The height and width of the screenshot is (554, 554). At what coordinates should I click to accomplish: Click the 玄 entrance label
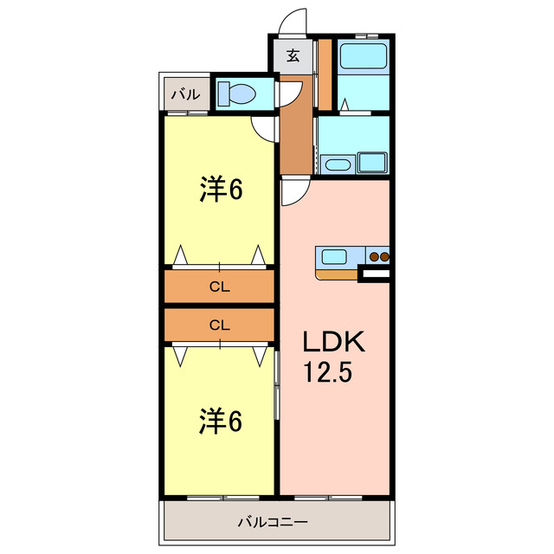[293, 56]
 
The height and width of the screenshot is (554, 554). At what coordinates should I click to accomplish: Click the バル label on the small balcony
[184, 93]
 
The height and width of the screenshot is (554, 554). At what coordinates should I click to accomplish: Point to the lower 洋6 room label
[221, 422]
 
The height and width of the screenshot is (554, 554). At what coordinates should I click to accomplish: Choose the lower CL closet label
[220, 325]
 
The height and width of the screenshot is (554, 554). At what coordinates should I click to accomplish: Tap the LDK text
[334, 341]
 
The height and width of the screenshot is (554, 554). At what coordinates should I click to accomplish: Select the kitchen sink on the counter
[335, 256]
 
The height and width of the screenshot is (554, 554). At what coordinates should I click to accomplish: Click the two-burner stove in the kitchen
[379, 256]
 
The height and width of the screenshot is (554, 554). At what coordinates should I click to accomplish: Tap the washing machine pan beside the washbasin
[373, 163]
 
